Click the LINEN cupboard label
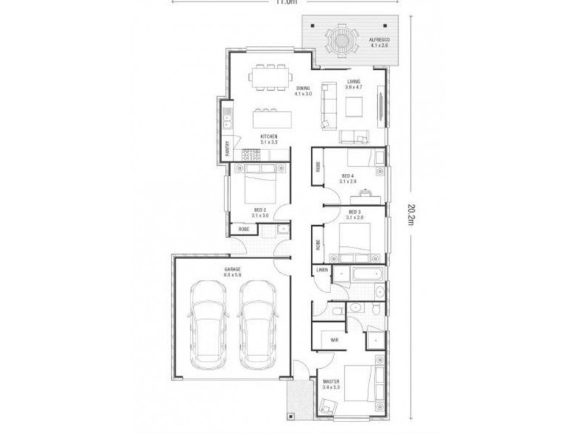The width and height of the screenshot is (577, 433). (322, 271)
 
